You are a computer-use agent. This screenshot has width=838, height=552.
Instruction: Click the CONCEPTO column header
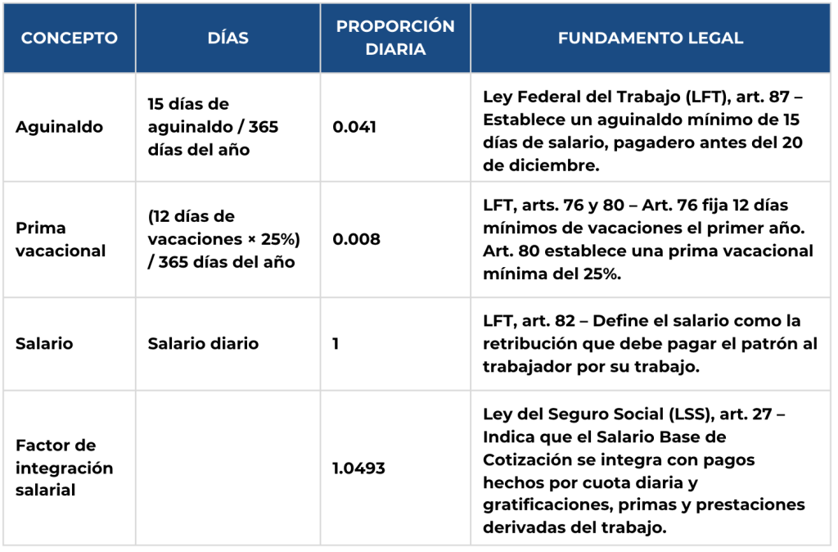(69, 38)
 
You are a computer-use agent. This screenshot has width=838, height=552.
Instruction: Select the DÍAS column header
(228, 38)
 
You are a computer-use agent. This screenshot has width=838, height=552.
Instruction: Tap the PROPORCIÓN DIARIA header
(395, 38)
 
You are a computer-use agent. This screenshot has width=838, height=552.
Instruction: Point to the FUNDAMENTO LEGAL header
(651, 38)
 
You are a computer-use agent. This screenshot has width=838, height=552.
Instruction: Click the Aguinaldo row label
(59, 128)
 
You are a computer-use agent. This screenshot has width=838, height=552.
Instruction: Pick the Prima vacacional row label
(61, 239)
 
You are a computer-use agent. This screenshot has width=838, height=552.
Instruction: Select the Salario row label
(44, 344)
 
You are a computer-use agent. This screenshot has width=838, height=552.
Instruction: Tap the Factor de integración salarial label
(64, 468)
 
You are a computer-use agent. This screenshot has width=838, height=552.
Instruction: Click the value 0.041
(354, 128)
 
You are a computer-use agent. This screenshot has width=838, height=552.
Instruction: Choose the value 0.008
(356, 239)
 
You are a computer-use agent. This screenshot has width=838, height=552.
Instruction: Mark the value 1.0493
(358, 468)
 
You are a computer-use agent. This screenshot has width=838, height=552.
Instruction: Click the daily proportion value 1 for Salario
(336, 344)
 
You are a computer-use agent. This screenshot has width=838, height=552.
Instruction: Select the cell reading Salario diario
(203, 344)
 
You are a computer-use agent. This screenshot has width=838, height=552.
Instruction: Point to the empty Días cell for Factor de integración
(228, 468)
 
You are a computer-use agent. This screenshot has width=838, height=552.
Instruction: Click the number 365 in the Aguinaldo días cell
(263, 128)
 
